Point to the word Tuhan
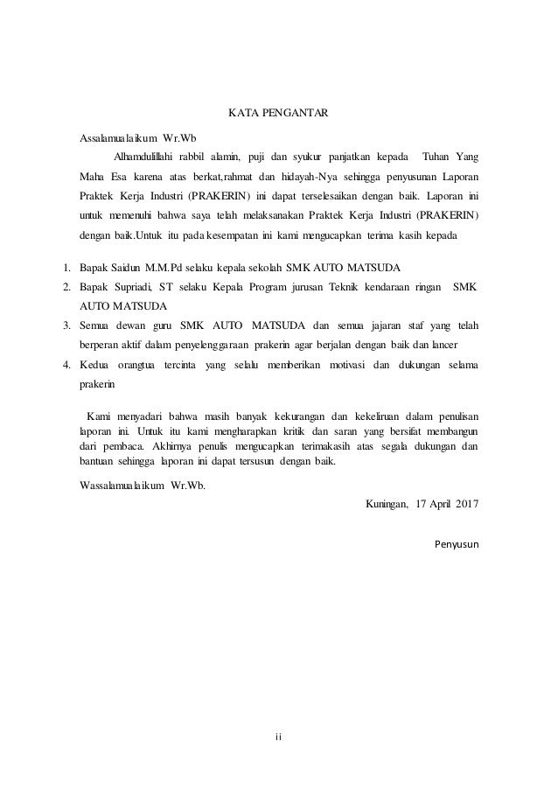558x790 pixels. click(x=438, y=157)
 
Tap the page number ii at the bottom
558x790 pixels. click(x=279, y=735)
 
